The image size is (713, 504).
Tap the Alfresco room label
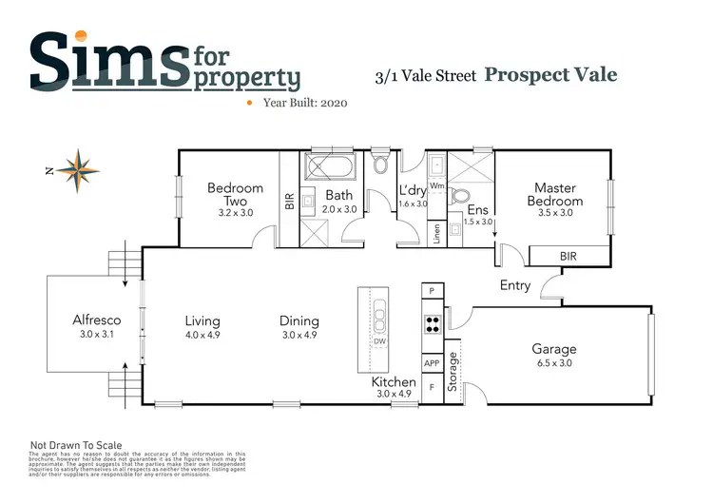96,320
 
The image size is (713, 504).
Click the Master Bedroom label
555,194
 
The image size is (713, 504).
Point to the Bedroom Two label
235,194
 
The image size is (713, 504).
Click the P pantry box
431,290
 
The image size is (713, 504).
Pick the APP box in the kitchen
431,362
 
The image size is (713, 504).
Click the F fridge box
431,388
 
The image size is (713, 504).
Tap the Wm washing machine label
436,186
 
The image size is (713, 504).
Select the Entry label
515,285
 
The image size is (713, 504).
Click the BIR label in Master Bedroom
568,257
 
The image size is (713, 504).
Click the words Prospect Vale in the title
549,74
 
